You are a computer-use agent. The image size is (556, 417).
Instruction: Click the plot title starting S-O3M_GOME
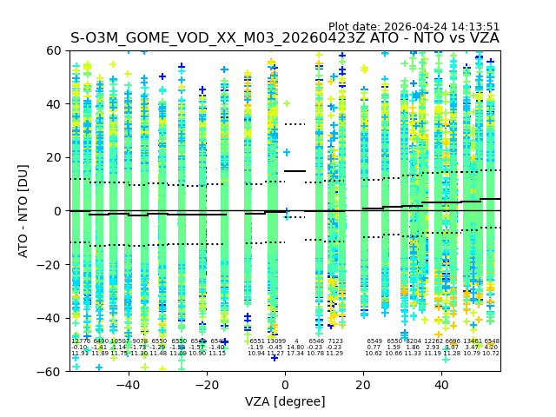[284, 38]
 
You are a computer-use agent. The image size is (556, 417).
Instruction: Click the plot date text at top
[414, 27]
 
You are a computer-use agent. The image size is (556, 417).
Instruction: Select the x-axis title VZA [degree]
[285, 401]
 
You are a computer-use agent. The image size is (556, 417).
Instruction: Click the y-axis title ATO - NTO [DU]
[23, 210]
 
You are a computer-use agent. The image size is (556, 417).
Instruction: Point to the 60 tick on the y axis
[55, 50]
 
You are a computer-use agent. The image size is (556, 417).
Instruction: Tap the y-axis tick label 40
[55, 104]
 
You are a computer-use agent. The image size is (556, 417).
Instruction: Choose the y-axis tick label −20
[51, 264]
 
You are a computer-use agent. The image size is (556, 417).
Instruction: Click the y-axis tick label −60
[51, 371]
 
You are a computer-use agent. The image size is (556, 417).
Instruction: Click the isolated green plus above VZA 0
[287, 103]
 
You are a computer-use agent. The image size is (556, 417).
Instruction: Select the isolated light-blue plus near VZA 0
[287, 152]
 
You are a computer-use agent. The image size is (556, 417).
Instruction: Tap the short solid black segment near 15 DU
[295, 171]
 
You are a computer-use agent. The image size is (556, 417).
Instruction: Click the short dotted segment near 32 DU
[295, 124]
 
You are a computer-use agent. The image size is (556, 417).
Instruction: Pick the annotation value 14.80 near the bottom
[295, 347]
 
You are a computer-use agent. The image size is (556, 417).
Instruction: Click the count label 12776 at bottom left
[80, 341]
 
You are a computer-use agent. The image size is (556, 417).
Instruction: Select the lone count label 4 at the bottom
[296, 341]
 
